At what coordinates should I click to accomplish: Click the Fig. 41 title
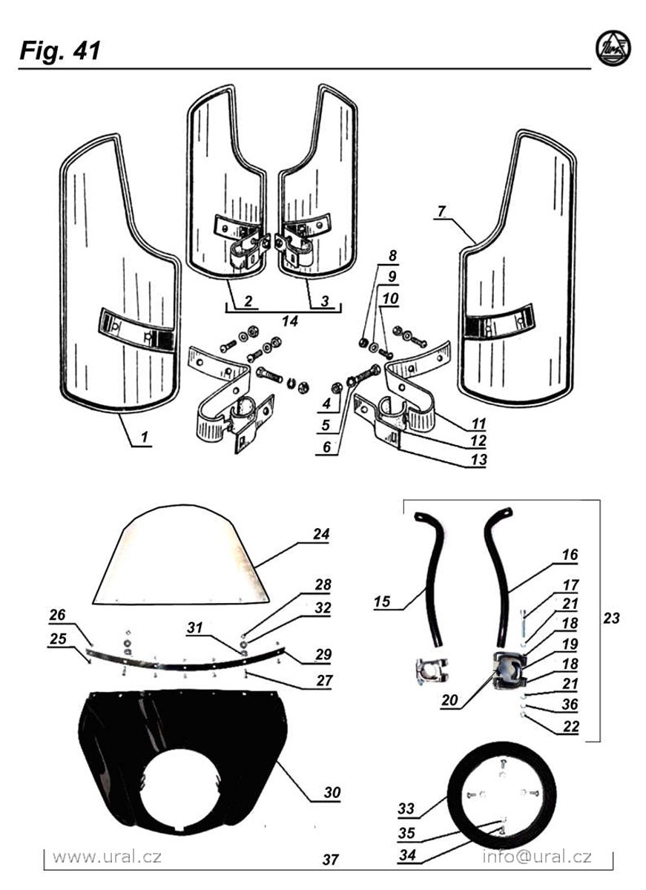tap(59, 51)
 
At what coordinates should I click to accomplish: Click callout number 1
tap(144, 438)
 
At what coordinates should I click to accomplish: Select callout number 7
tap(441, 212)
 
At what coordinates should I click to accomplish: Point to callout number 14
tap(290, 321)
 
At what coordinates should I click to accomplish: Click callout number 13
tap(478, 460)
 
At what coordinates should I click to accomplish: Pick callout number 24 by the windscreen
tap(321, 534)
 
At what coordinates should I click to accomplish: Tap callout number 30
tap(332, 792)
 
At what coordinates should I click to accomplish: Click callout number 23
tap(611, 618)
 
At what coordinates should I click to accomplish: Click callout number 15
tap(382, 601)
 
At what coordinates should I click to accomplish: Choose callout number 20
tap(449, 700)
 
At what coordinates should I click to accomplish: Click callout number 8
tap(392, 255)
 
